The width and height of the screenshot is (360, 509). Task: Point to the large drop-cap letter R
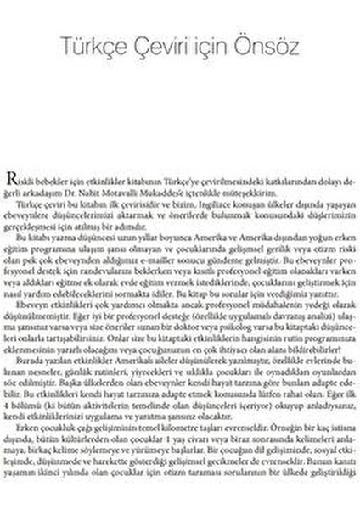pos(12,177)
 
